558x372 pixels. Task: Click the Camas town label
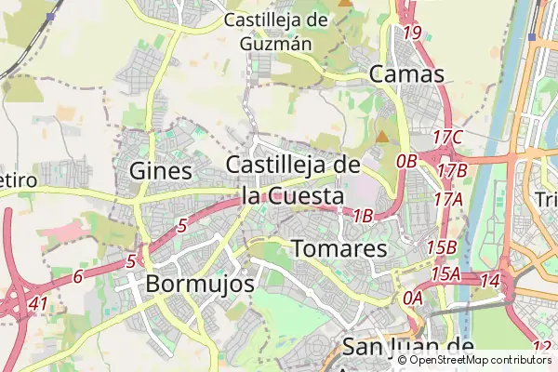pos(406,73)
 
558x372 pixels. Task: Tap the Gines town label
pos(161,170)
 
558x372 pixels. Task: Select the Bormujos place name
pos(200,283)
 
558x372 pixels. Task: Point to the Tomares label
pos(339,249)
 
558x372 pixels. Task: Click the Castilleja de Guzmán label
pos(277,31)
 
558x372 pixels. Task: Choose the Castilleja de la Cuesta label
pos(293,180)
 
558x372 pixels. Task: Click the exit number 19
pos(413,33)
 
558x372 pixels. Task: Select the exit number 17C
pos(448,138)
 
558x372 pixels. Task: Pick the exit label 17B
pos(452,170)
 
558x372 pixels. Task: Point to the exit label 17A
pos(447,198)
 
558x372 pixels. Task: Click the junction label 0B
pos(406,161)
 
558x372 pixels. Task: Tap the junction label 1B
pos(363,216)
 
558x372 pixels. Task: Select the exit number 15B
pos(441,247)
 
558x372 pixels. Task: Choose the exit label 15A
pos(445,273)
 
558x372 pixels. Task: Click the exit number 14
pos(490,280)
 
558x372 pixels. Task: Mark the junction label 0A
pos(413,298)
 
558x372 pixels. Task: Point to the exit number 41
pos(38,303)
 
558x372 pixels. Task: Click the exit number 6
pos(78,275)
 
